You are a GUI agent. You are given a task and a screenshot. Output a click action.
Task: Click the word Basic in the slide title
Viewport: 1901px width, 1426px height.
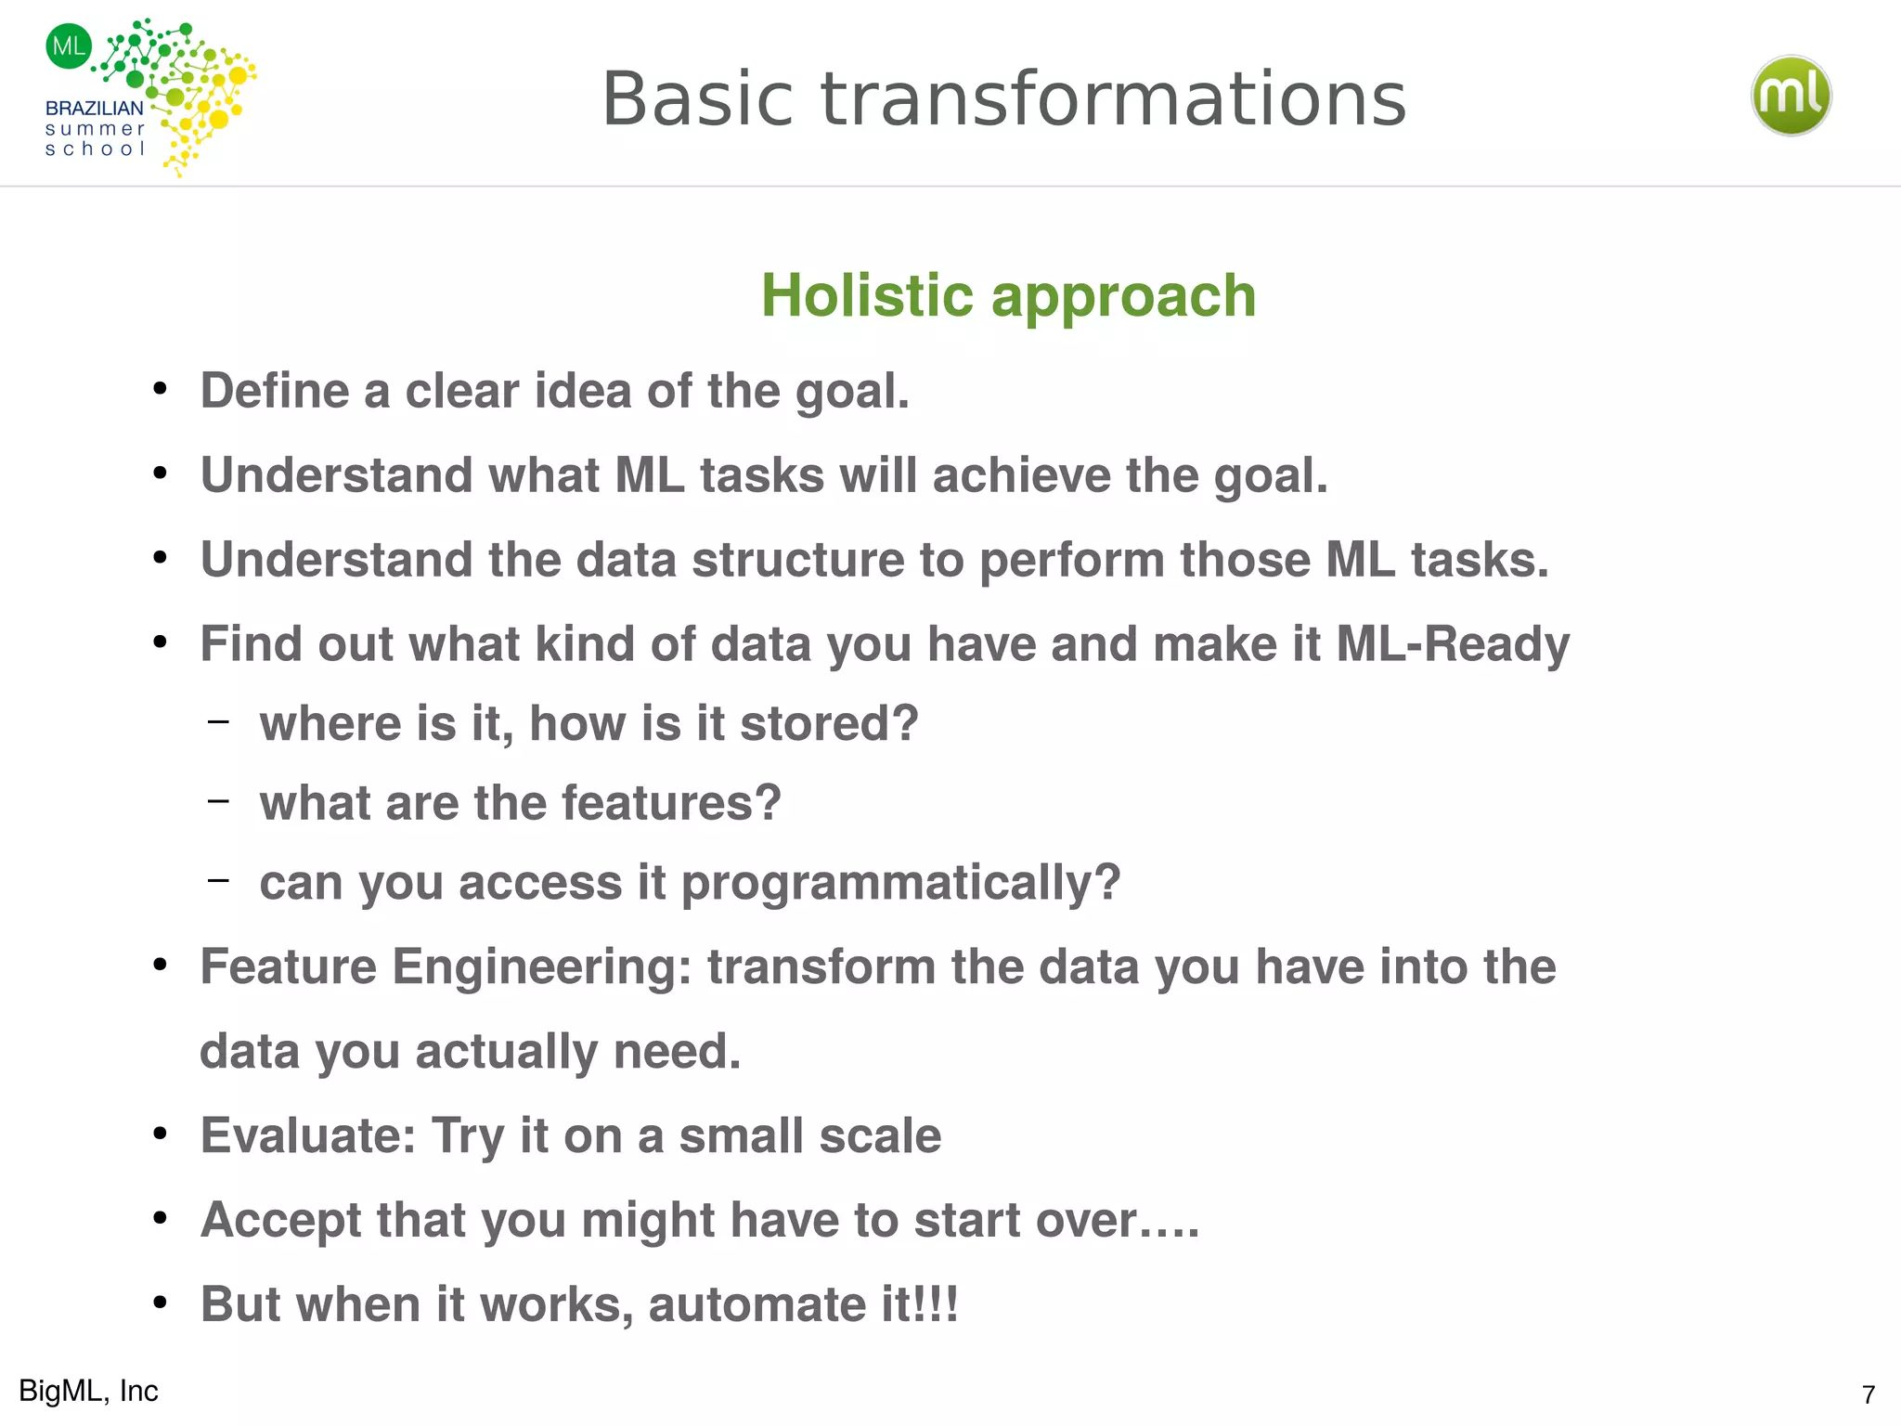pyautogui.click(x=698, y=99)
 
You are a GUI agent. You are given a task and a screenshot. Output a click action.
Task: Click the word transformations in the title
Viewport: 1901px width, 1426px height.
pyautogui.click(x=1114, y=99)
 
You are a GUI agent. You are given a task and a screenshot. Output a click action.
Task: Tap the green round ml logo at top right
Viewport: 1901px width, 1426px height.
pyautogui.click(x=1791, y=96)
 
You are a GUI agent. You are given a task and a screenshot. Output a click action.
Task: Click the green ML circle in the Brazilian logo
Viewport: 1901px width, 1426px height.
pyautogui.click(x=69, y=45)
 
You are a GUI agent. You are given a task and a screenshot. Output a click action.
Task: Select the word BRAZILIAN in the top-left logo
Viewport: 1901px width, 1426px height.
pyautogui.click(x=94, y=109)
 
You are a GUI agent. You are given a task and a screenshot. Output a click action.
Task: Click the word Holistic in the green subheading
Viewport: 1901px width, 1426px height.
pyautogui.click(x=867, y=296)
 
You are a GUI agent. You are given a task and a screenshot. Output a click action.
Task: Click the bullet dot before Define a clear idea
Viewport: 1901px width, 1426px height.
pyautogui.click(x=161, y=389)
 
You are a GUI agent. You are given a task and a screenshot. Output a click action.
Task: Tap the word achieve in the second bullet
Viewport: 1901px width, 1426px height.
pyautogui.click(x=1021, y=475)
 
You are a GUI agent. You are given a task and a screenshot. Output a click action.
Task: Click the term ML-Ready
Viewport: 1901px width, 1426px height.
pyautogui.click(x=1453, y=644)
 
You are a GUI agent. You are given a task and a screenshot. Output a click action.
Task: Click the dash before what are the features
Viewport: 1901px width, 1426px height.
pyautogui.click(x=218, y=800)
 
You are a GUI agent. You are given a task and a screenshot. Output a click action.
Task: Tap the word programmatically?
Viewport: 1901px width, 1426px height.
pyautogui.click(x=900, y=884)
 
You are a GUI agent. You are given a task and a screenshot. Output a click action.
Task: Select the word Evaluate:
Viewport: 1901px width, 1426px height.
pyautogui.click(x=308, y=1136)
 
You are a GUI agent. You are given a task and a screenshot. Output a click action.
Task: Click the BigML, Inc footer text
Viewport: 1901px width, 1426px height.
pyautogui.click(x=88, y=1391)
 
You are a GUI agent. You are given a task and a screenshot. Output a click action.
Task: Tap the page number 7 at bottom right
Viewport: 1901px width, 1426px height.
pyautogui.click(x=1868, y=1394)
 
